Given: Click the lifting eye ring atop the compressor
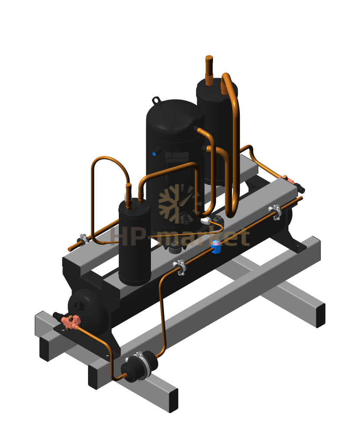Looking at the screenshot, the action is tap(156, 100).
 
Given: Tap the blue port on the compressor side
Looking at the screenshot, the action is tap(154, 154).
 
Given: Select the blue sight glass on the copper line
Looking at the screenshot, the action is tap(216, 247).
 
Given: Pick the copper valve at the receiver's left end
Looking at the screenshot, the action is tap(71, 321).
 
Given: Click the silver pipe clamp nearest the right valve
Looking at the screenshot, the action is tap(276, 212).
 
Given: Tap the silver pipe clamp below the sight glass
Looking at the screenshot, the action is tap(180, 267).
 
